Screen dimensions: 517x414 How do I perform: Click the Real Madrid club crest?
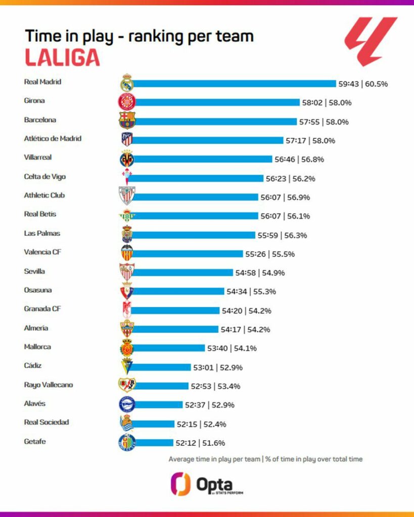tap(126, 83)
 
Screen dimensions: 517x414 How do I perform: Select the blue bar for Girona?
tap(217, 102)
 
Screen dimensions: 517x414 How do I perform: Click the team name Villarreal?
tap(38, 158)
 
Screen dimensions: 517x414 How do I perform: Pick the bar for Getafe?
tap(154, 443)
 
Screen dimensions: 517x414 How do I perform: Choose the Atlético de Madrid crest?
tap(126, 140)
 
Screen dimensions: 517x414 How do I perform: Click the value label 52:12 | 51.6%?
tap(200, 443)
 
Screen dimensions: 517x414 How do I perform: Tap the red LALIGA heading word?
tap(62, 58)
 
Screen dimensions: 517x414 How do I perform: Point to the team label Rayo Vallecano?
tap(49, 385)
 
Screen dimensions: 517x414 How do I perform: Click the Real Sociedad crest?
tap(126, 423)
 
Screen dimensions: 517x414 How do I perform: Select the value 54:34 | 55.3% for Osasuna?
tap(251, 291)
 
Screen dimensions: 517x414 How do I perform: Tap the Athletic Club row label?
tap(44, 195)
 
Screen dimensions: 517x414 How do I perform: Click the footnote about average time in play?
tap(265, 459)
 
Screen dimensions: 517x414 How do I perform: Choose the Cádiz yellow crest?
tap(126, 367)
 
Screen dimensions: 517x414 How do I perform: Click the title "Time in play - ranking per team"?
tap(139, 36)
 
